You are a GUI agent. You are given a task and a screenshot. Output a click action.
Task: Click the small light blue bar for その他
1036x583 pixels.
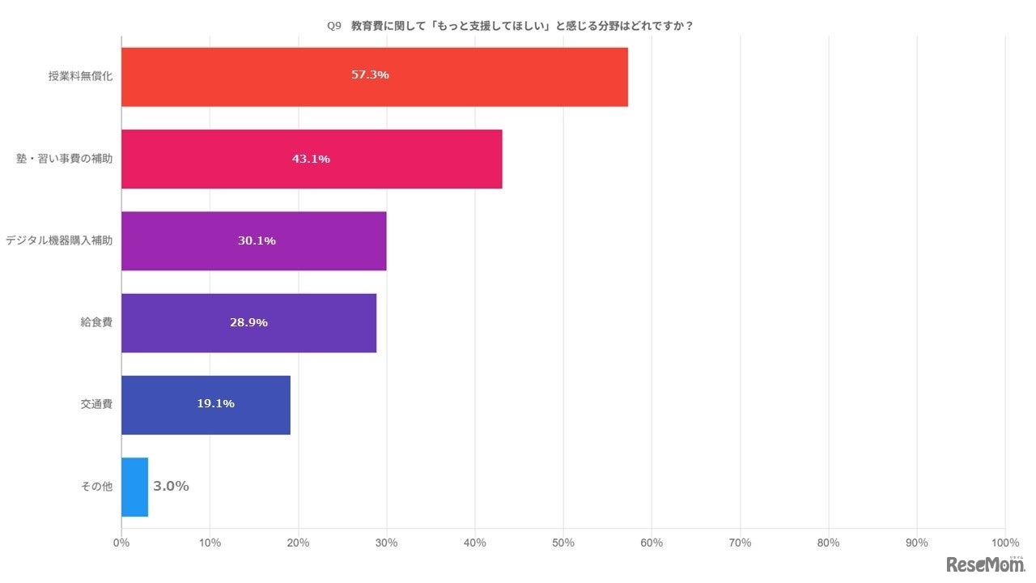134,487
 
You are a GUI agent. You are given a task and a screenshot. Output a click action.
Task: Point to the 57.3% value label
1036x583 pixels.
370,74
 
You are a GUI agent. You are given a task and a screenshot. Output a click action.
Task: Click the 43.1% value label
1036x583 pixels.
311,159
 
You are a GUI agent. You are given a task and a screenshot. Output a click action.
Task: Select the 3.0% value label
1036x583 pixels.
171,486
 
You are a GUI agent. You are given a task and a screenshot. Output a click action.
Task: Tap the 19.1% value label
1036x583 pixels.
215,402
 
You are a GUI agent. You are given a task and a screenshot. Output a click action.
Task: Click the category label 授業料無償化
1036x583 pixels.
80,77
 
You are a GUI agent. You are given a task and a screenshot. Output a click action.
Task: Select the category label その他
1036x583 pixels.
96,487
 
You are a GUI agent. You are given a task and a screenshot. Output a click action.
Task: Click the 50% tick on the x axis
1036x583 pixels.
563,543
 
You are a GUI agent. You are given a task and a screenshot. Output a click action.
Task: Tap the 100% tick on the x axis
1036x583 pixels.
1004,543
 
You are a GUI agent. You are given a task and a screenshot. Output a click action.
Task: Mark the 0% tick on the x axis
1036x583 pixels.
121,543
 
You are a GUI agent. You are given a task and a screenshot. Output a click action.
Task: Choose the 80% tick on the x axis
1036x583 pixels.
828,543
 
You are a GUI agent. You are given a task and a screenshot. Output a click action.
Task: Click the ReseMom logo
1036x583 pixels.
984,564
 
